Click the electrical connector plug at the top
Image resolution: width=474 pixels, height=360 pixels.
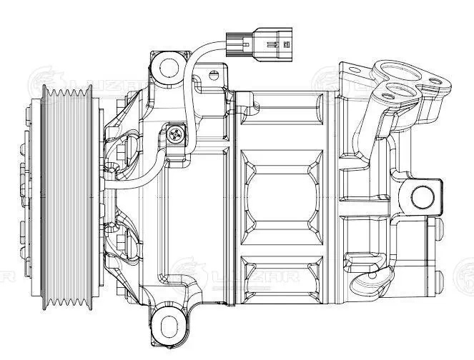[258, 41]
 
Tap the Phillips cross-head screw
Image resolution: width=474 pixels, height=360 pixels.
[176, 132]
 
